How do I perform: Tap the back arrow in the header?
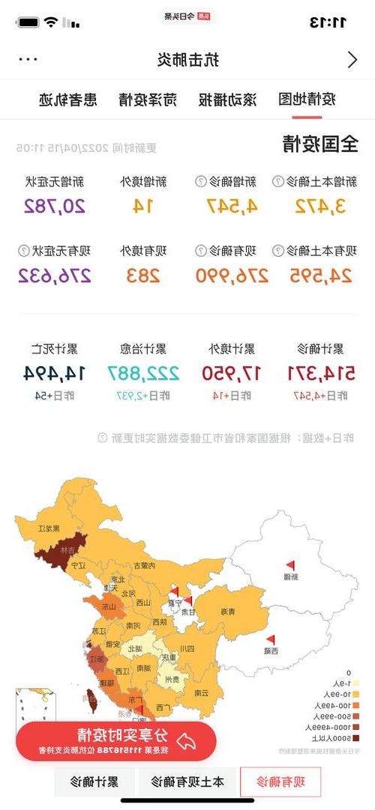click(x=352, y=60)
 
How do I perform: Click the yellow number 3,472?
click(x=320, y=206)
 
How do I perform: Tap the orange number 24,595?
click(x=320, y=275)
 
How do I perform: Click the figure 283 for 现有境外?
click(x=143, y=275)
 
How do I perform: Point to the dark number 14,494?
click(x=55, y=372)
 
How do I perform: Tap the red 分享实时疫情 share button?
click(x=116, y=740)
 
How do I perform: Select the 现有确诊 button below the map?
click(x=280, y=782)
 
